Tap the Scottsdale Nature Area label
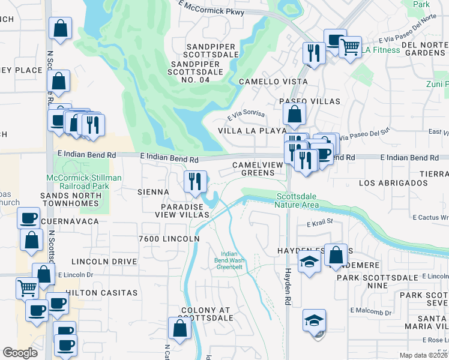click(x=298, y=200)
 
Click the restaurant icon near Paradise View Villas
click(x=194, y=181)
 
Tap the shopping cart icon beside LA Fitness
click(x=349, y=46)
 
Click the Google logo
click(x=20, y=352)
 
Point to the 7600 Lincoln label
click(x=169, y=239)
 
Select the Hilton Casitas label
click(x=101, y=293)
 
